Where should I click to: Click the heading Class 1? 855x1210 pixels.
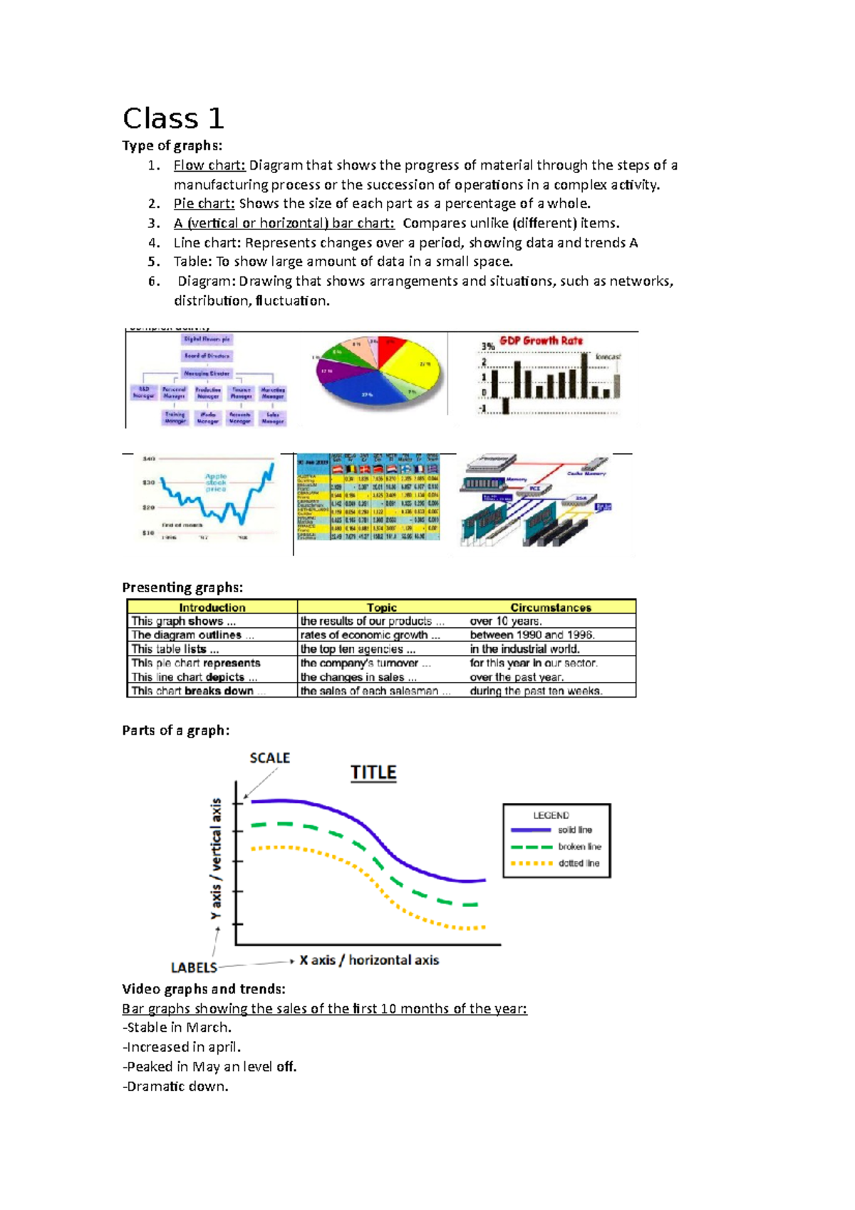pos(173,118)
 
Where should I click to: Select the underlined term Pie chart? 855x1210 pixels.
pos(204,204)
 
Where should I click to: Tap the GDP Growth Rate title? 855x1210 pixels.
pos(541,341)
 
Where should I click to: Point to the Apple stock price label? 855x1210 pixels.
pos(216,482)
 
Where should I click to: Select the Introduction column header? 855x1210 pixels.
pos(212,607)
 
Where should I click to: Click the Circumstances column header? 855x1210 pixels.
pos(551,607)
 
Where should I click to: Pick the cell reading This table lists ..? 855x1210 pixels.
pos(175,649)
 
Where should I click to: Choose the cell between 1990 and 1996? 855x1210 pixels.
pos(532,635)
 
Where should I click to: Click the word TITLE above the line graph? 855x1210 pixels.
pos(373,772)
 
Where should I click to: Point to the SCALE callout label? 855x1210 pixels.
pos(269,758)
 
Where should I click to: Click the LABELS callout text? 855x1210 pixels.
pos(194,967)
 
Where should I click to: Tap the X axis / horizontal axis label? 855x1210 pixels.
pos(369,960)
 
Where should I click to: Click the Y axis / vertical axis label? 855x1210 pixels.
pos(216,859)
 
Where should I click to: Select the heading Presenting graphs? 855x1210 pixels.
pos(182,587)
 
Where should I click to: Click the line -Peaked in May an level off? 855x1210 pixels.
pos(209,1067)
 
